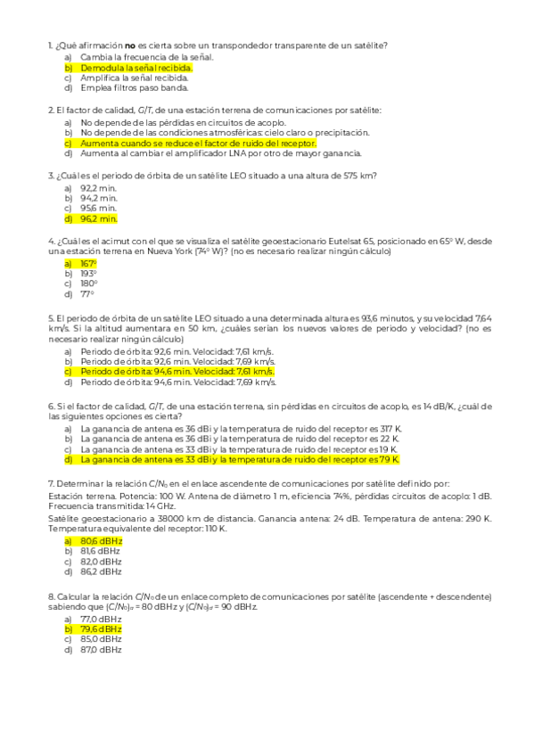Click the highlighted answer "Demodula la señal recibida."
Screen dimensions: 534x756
click(136, 67)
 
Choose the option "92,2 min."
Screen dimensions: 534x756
click(98, 186)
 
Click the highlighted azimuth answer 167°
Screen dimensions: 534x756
click(88, 264)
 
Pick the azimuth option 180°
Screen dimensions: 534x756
click(88, 284)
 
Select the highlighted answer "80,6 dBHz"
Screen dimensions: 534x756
click(101, 540)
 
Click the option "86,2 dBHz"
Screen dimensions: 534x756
click(101, 572)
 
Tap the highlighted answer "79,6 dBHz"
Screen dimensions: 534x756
click(101, 629)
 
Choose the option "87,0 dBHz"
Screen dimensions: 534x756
click(101, 650)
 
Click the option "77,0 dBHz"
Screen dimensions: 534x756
click(101, 618)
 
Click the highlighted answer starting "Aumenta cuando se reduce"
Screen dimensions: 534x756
click(198, 143)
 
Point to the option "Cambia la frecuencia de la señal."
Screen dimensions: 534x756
click(146, 56)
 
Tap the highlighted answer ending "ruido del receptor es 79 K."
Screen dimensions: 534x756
click(239, 460)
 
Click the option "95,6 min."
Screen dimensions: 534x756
click(98, 208)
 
